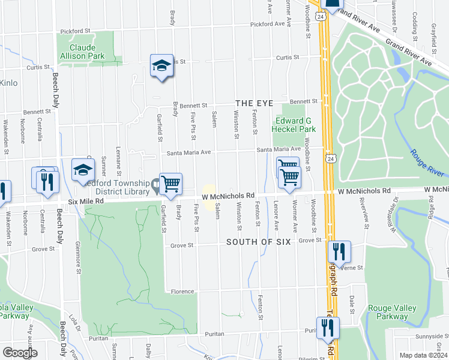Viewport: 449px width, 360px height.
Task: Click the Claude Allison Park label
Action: (x=83, y=52)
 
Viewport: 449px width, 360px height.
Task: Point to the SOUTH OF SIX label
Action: (x=258, y=242)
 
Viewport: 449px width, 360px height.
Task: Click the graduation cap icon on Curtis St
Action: (x=161, y=65)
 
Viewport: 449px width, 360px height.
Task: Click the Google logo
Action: (x=20, y=353)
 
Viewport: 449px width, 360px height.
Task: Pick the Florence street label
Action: (x=181, y=292)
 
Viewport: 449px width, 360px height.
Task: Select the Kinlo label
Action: (x=8, y=83)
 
